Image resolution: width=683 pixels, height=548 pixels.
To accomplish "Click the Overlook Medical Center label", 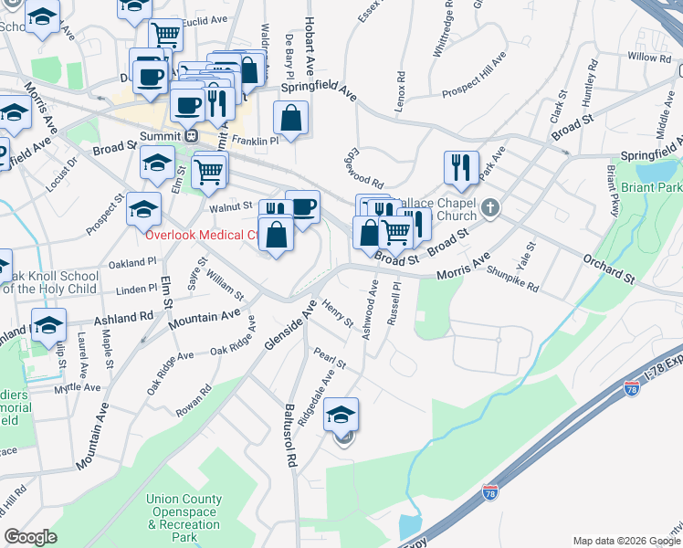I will pos(201,235).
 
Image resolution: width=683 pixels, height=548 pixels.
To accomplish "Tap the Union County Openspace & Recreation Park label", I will pos(184,519).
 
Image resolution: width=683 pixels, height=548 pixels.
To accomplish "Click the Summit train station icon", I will pos(192,135).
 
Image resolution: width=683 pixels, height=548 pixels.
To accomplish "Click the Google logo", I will pos(30,537).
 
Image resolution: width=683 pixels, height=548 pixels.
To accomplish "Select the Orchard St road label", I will pos(608,269).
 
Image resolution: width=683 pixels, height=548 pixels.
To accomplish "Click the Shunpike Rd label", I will pos(513,278).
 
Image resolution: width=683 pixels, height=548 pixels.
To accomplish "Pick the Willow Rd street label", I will pos(649,58).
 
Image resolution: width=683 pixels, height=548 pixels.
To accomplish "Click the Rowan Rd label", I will pos(193,402).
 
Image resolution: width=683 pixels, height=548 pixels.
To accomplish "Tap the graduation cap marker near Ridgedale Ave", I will pos(341,414).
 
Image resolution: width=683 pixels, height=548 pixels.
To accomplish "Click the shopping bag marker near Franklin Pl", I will pos(290,118).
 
